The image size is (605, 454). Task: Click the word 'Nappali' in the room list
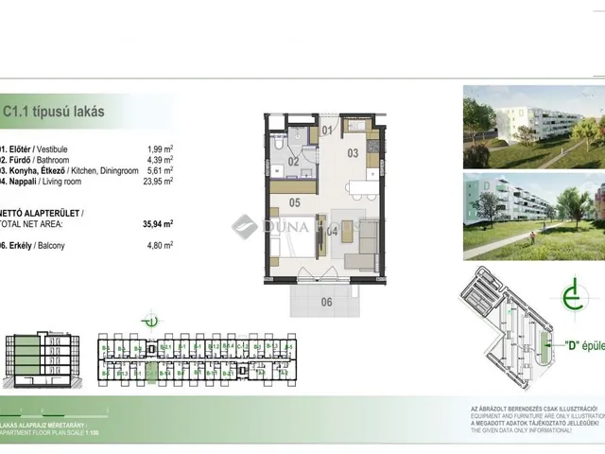21,183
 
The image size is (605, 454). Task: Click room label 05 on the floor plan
294,201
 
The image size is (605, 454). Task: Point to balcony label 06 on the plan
327,303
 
